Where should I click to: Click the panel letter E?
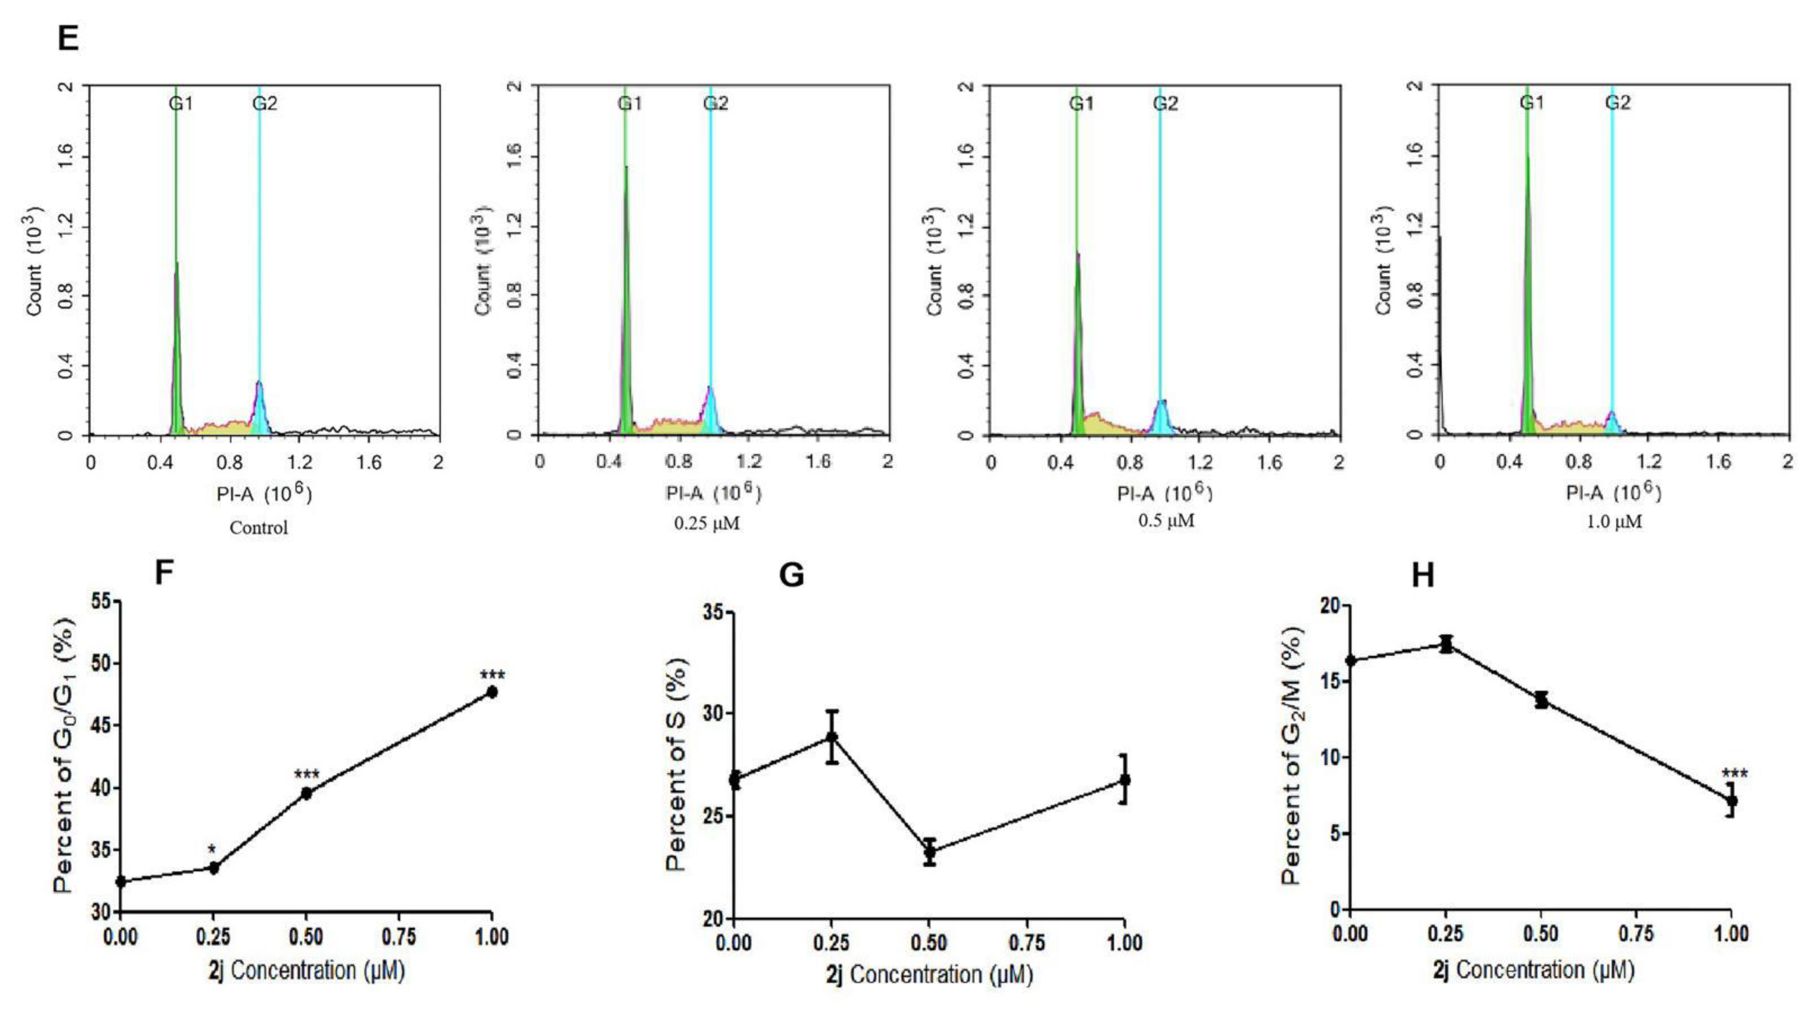coord(68,38)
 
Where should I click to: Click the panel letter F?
coord(164,572)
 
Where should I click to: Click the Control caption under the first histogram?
coord(258,528)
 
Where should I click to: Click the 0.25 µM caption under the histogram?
coord(707,524)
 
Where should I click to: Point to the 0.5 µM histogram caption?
coord(1166,521)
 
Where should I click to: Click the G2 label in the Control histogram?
coord(265,104)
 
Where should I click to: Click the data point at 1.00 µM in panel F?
coord(492,692)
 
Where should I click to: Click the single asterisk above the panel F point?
coord(211,849)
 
